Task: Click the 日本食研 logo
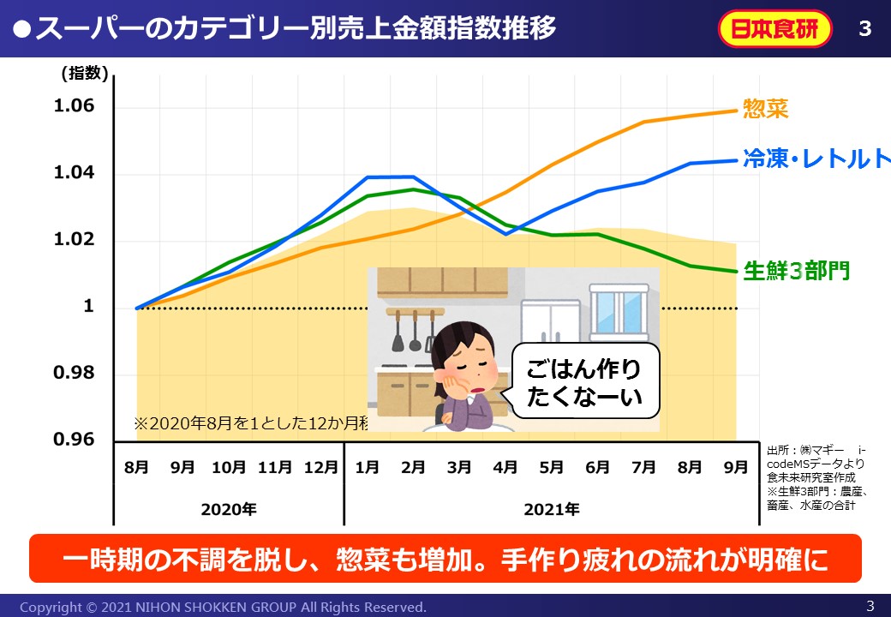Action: [x=775, y=29]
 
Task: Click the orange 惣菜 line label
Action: [x=765, y=109]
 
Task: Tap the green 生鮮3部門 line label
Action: [x=796, y=271]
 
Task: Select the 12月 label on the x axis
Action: [x=321, y=467]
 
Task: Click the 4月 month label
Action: [x=505, y=467]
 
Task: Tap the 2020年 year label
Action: [x=229, y=509]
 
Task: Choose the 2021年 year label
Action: [x=552, y=509]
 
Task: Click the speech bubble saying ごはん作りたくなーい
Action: [x=584, y=382]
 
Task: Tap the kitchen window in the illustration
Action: [x=619, y=314]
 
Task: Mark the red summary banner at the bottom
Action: [x=445, y=559]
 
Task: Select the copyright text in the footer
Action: [x=223, y=607]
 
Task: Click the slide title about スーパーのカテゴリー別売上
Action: [x=287, y=28]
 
